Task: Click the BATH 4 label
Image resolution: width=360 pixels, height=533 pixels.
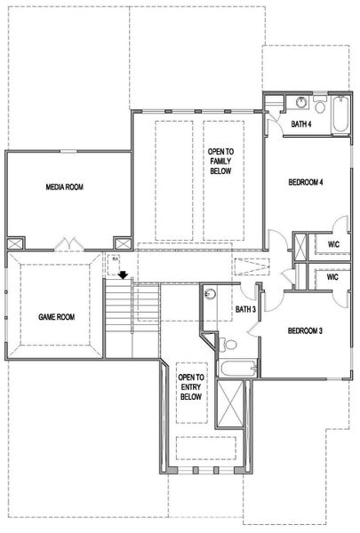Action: click(302, 123)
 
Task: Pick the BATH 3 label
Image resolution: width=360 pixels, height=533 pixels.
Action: click(246, 309)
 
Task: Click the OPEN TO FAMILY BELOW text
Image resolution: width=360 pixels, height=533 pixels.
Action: click(220, 163)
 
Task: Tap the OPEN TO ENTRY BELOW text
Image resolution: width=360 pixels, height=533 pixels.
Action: click(191, 387)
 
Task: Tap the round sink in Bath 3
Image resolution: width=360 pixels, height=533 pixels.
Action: click(211, 294)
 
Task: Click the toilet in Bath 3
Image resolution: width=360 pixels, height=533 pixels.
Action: click(229, 344)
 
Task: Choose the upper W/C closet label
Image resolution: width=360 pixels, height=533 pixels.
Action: click(334, 244)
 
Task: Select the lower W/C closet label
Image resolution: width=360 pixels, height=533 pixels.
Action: click(334, 276)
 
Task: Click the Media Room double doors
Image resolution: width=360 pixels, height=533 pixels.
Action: click(70, 243)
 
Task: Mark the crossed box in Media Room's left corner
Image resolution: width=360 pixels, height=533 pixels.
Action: click(16, 243)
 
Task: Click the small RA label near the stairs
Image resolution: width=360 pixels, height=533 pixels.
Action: click(114, 259)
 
